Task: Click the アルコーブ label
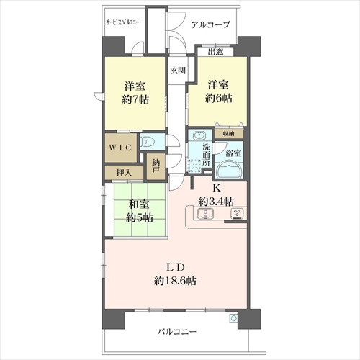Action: coord(211,24)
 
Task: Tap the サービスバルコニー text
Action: coord(123,22)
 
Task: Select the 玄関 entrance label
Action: coord(178,71)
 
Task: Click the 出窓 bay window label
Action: coord(215,52)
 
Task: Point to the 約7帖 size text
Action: coord(135,99)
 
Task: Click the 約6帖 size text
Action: coord(218,98)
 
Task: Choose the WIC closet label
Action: coord(120,148)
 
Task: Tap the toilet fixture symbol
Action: coord(146,143)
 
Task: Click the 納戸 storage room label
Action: coord(156,166)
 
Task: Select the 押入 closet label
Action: coord(124,173)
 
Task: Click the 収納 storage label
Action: coord(228,134)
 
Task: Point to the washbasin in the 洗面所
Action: coord(199,136)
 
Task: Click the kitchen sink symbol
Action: coord(205,214)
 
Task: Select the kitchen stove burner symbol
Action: coord(237,213)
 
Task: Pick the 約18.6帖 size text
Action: coord(175,281)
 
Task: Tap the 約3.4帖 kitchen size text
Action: coord(216,202)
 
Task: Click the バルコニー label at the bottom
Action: coord(177,332)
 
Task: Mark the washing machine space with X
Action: coord(195,166)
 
